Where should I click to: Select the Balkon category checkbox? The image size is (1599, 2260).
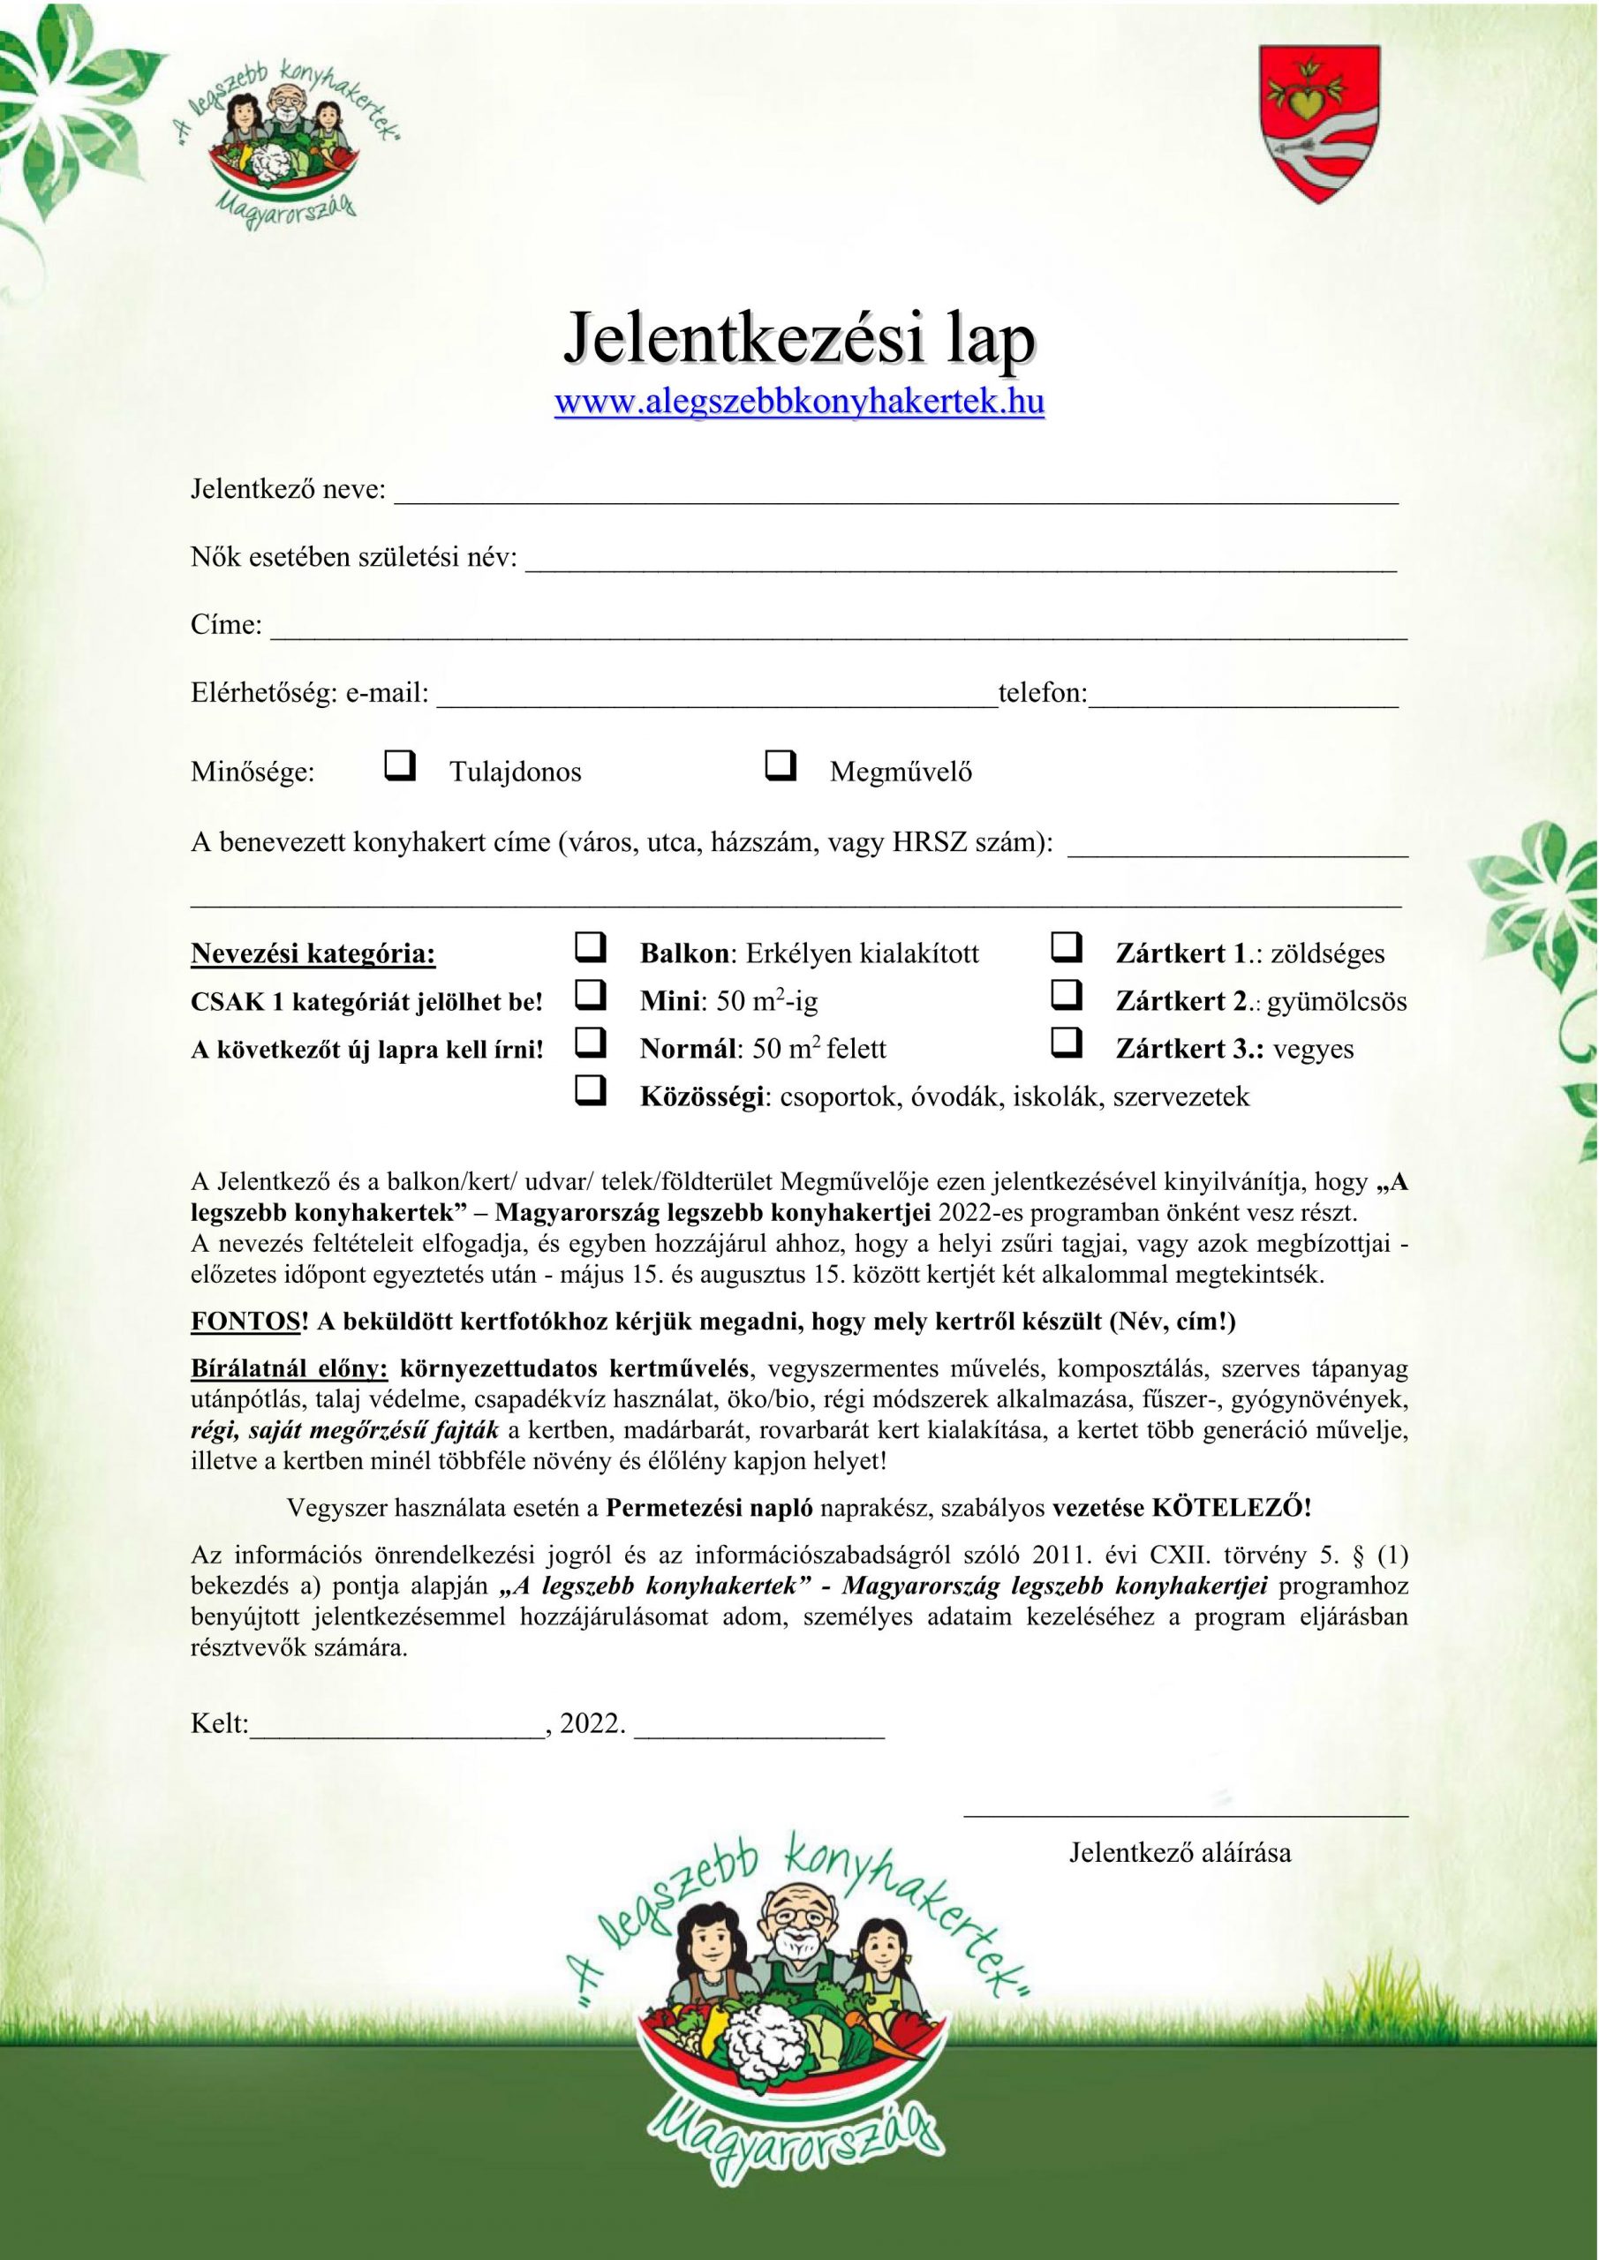590,947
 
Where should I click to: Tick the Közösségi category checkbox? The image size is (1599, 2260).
590,1089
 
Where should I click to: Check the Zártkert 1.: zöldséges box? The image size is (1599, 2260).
1067,947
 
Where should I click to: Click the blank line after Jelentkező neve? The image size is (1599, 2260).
896,497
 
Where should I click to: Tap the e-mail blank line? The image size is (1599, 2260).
717,701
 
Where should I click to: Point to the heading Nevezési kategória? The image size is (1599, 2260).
313,953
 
